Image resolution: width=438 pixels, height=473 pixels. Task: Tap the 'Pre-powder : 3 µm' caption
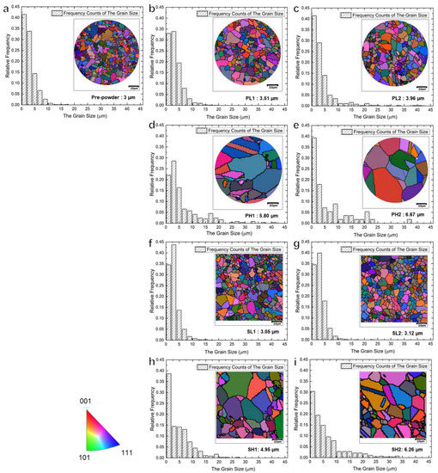[x=104, y=101]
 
